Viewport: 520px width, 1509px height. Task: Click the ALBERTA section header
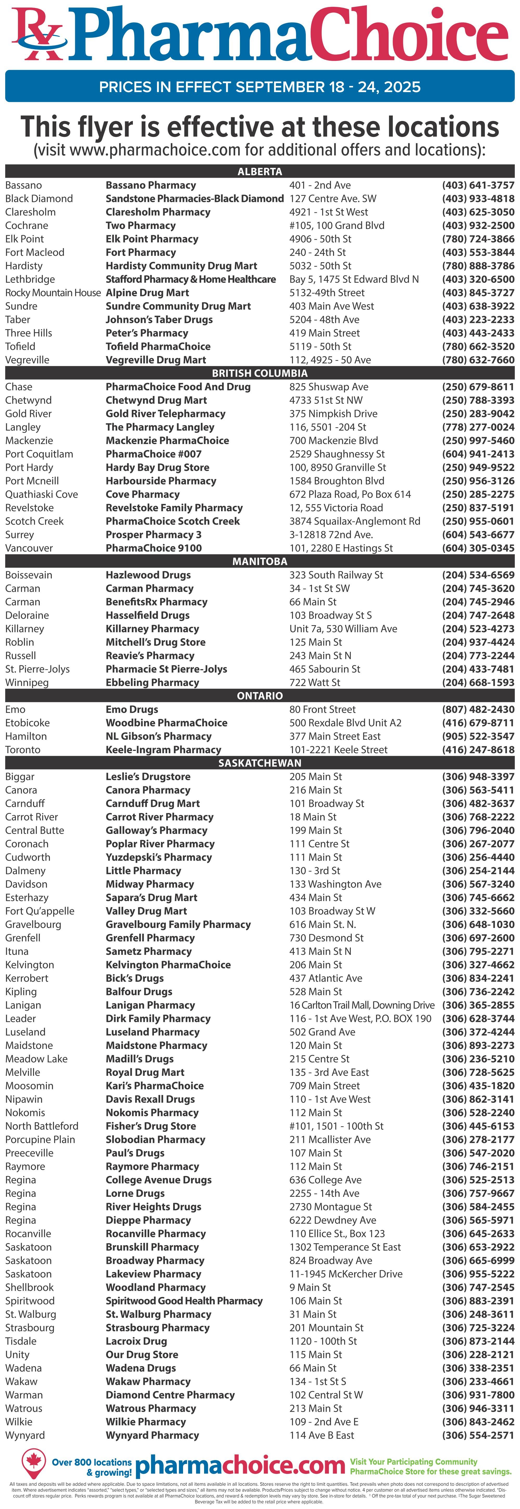click(x=259, y=172)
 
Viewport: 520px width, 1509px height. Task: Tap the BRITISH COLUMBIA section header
click(x=259, y=373)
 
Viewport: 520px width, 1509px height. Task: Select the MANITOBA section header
click(x=259, y=561)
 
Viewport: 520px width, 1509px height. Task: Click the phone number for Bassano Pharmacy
click(x=478, y=185)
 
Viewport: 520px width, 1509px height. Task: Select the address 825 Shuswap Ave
click(x=329, y=387)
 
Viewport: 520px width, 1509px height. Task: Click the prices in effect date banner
click(x=259, y=87)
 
